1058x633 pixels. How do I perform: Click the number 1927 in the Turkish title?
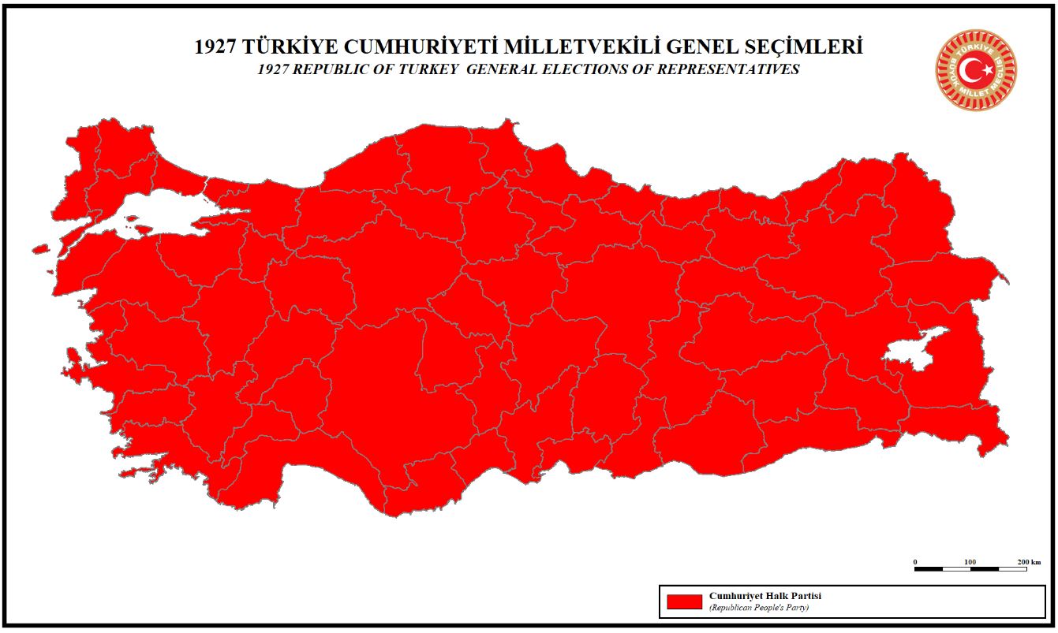[215, 47]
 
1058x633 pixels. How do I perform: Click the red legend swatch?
[684, 601]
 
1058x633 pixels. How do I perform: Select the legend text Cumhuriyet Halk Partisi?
[765, 596]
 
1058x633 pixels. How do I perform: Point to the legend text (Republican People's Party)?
[758, 608]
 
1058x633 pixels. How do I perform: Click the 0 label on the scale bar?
[915, 561]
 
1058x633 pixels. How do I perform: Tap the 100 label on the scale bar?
[970, 561]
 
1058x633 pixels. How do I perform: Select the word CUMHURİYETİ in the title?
[410, 47]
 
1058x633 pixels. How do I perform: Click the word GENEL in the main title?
[697, 47]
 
